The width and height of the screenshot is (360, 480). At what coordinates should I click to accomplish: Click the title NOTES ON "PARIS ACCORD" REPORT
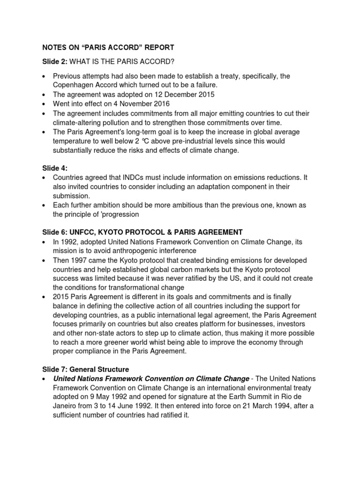(x=108, y=47)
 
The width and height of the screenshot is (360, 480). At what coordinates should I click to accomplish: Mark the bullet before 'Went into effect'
(x=44, y=104)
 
